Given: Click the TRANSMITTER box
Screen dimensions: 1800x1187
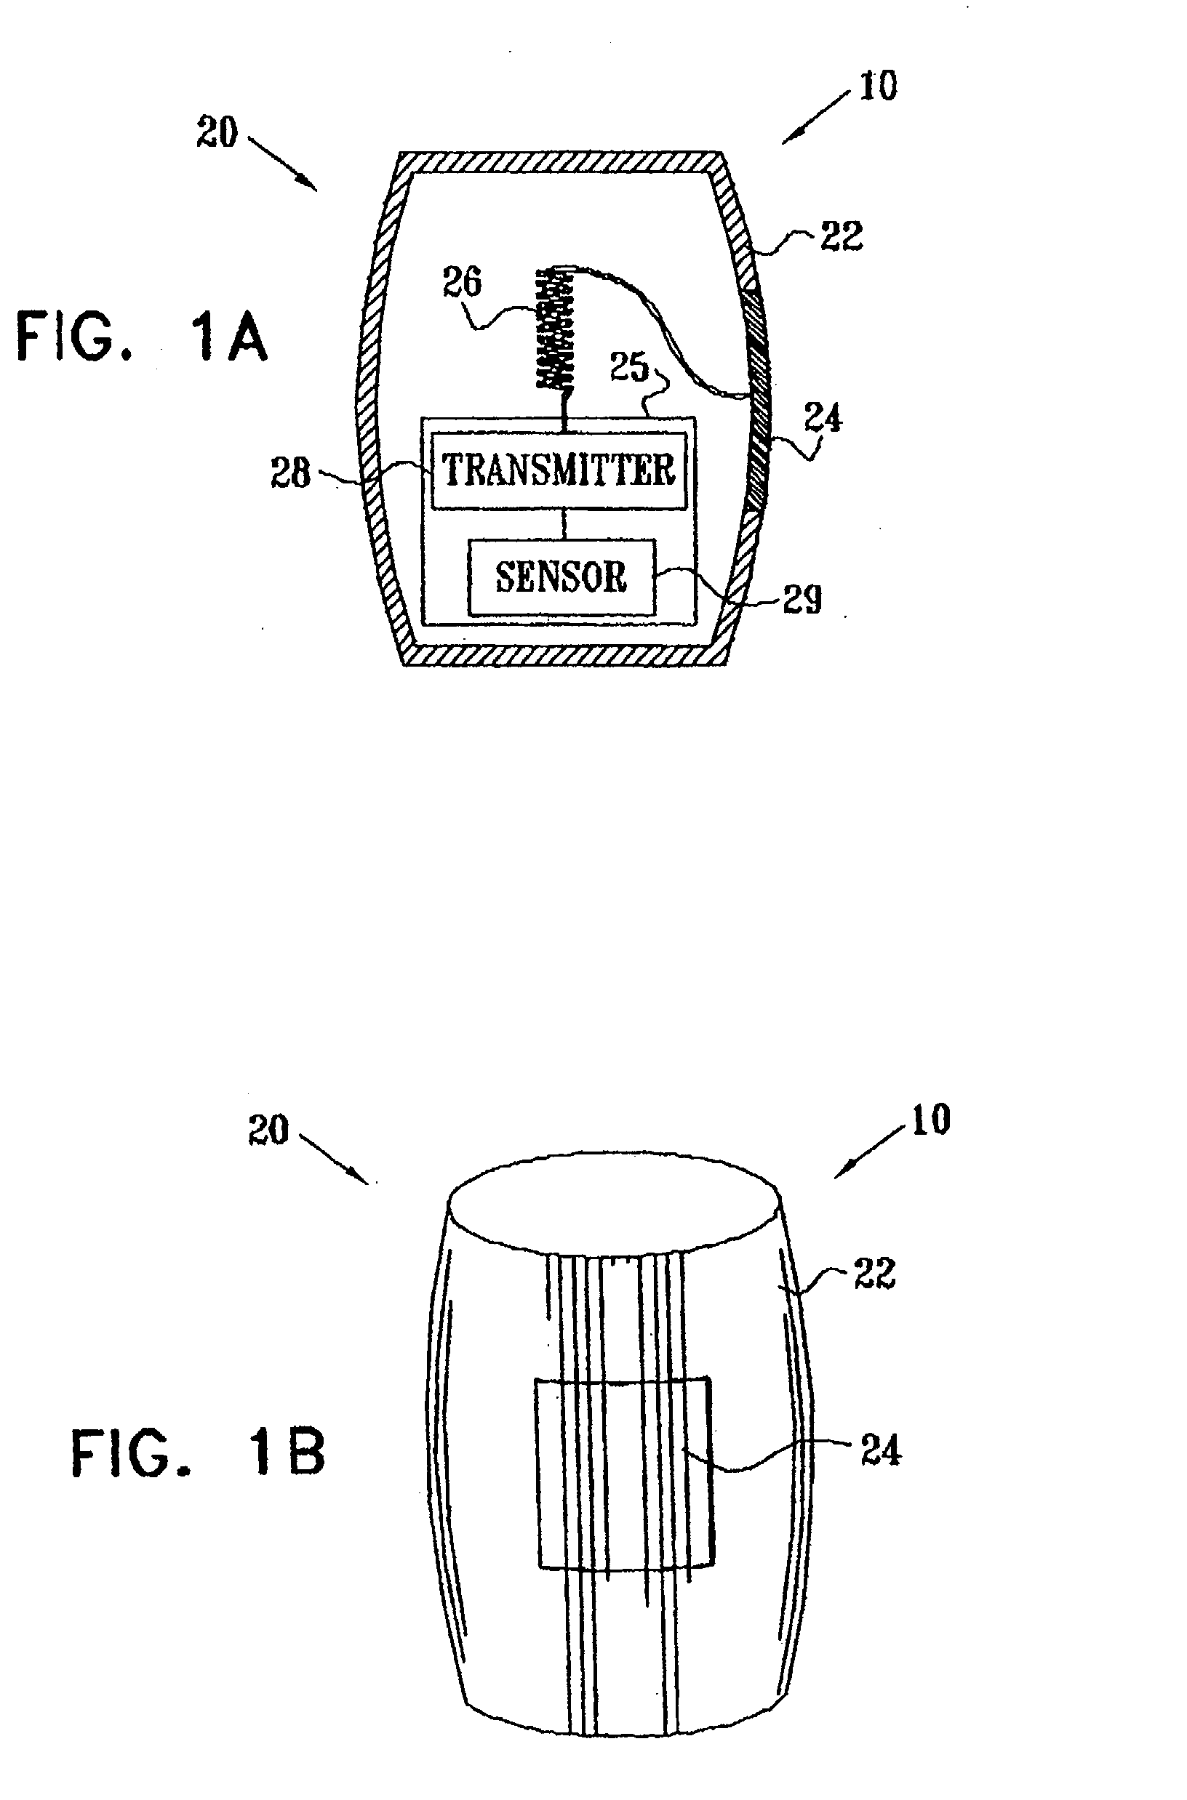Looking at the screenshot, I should [x=559, y=470].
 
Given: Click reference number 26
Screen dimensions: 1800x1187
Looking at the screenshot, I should [x=462, y=282].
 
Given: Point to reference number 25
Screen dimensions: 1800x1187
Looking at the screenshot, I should [x=630, y=368].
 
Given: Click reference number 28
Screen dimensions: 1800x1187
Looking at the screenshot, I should [x=291, y=474].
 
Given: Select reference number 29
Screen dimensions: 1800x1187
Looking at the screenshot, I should [x=802, y=599].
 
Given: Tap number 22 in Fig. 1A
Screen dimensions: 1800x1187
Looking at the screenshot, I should [x=842, y=236].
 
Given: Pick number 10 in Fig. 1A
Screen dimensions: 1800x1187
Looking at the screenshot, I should [x=878, y=86].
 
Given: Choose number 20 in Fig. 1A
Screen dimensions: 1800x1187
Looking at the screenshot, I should [x=217, y=132].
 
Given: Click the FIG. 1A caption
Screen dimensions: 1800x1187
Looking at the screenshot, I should [x=143, y=337].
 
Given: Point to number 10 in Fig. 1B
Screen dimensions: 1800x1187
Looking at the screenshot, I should [x=930, y=1120].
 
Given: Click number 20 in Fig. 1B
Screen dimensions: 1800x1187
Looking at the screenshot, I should [x=268, y=1130].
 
